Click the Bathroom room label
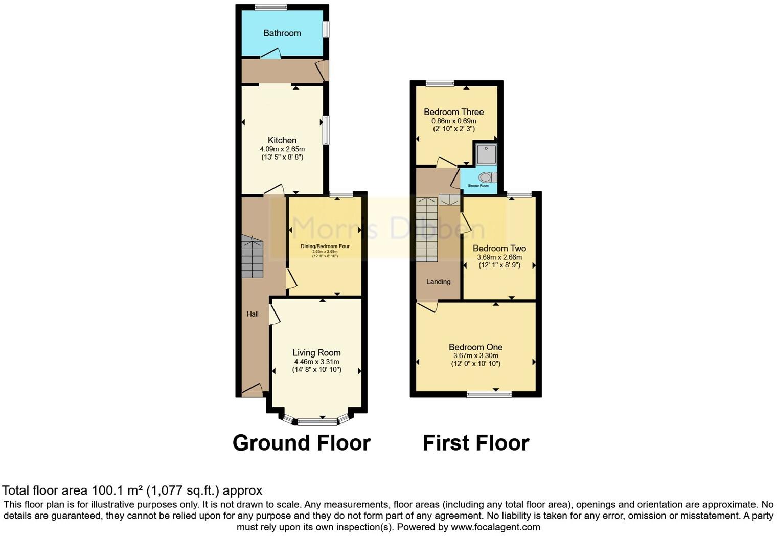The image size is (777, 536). [282, 33]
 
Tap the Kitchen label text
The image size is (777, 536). [282, 140]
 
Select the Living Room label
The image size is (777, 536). [316, 353]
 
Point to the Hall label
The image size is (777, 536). [253, 314]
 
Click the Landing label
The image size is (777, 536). [439, 282]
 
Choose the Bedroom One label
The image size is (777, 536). [475, 347]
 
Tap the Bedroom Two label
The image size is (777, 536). [499, 249]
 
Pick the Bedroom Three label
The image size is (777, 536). [453, 112]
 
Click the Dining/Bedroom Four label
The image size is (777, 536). [325, 247]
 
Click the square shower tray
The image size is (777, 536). [486, 154]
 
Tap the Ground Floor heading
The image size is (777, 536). [302, 443]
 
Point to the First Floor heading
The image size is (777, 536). [476, 443]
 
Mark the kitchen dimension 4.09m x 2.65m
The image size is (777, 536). [282, 149]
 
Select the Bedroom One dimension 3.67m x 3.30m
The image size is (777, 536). [475, 356]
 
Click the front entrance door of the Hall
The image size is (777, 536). [252, 391]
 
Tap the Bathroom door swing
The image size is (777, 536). [270, 53]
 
